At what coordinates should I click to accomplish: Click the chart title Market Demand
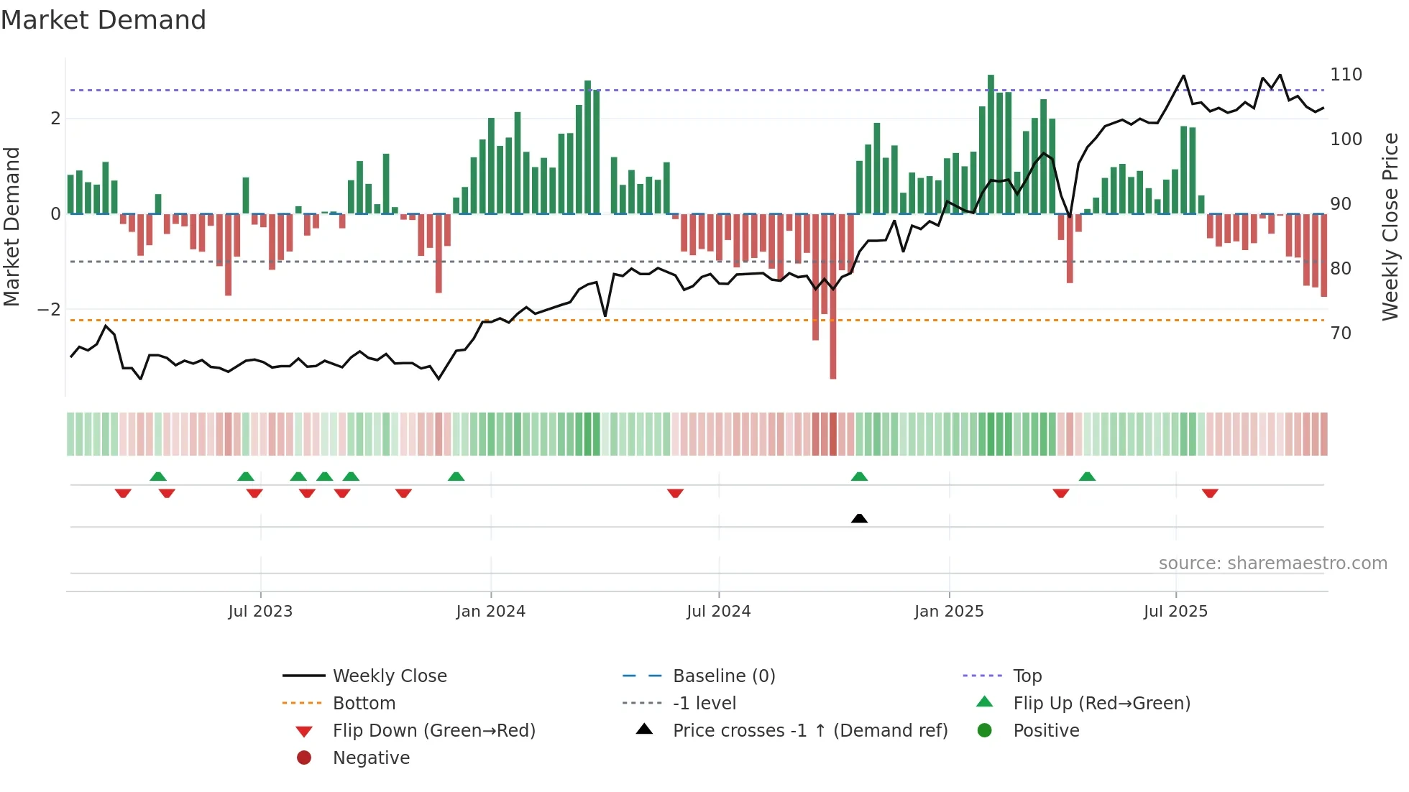tap(104, 20)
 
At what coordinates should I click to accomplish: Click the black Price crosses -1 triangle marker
tap(859, 518)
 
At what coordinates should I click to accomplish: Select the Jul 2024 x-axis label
tap(718, 612)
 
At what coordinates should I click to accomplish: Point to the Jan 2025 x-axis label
tap(949, 612)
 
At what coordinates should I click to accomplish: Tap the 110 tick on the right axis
tap(1346, 75)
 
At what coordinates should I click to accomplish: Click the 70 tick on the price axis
tap(1341, 333)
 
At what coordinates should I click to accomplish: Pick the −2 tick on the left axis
tap(50, 310)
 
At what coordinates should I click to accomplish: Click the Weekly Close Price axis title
tap(1390, 226)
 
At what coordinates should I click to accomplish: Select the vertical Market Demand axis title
tap(12, 226)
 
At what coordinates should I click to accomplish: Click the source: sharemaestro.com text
tap(1272, 563)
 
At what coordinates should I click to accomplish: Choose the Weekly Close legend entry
tap(389, 676)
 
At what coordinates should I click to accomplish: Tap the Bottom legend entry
tap(364, 704)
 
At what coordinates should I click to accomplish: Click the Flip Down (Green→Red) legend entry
tap(433, 731)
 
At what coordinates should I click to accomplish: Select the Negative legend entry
tap(371, 758)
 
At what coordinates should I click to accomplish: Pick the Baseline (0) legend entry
tap(723, 676)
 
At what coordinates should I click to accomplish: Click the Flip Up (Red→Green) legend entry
tap(1101, 704)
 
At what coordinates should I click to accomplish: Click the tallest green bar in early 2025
tap(991, 144)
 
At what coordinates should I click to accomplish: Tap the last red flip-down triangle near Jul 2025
tap(1210, 493)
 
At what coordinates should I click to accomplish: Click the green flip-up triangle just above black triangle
tap(859, 476)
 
